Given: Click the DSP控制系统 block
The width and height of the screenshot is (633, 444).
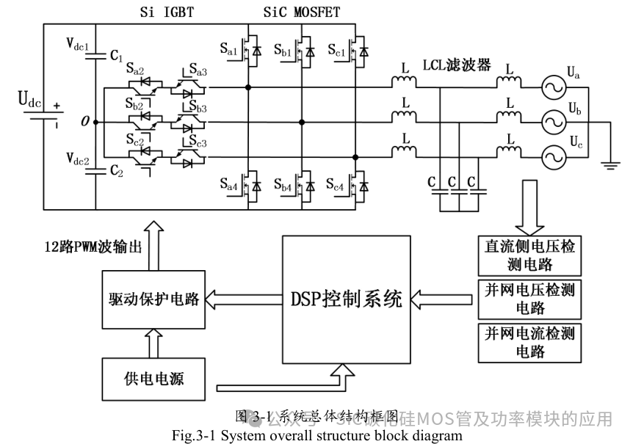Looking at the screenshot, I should pos(346,299).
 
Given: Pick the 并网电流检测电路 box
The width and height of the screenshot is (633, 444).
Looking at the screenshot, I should pos(526,342).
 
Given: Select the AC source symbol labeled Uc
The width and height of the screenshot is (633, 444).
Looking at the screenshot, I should pos(551,156).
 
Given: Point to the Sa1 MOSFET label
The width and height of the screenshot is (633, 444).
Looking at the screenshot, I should pos(228,48).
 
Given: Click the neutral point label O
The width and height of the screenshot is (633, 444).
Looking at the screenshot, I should pos(86,122).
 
